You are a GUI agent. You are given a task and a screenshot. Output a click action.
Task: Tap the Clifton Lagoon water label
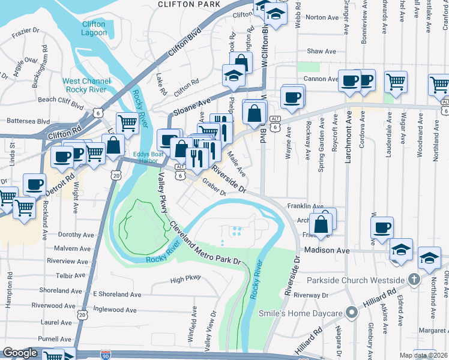coord(94,29)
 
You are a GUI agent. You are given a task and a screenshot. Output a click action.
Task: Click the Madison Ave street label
coord(327,250)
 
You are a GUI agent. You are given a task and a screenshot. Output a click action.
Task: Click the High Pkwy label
coord(184,280)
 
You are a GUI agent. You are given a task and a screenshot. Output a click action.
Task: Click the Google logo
coord(20,353)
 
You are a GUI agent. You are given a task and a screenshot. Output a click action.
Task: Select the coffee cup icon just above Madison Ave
coord(382,227)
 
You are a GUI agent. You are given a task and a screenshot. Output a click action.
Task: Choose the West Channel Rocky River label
coord(87,85)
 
